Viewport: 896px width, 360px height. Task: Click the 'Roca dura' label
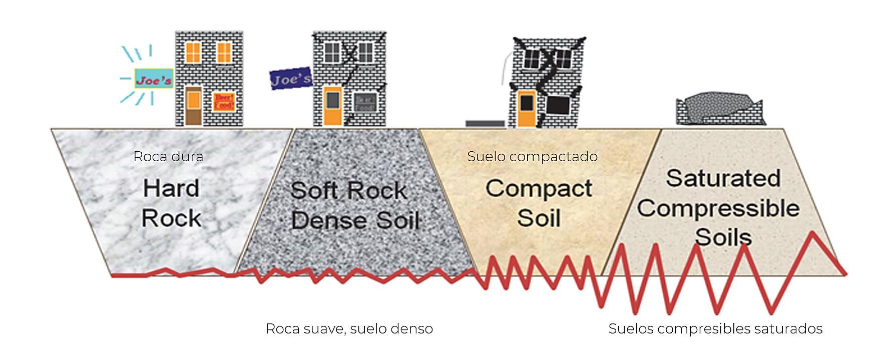coord(168,157)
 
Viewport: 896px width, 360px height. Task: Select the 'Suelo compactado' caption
coord(532,156)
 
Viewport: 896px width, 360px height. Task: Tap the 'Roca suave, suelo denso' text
coord(349,328)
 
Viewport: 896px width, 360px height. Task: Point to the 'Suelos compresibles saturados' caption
coord(715,328)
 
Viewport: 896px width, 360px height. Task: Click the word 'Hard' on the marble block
coord(171,189)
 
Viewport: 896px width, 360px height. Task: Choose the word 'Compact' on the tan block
coord(539,189)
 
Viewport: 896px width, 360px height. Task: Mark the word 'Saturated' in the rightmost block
coord(723,178)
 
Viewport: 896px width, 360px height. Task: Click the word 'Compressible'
coord(718,208)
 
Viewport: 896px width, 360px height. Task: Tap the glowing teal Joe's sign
coord(154,79)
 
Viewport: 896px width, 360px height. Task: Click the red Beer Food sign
coord(224,102)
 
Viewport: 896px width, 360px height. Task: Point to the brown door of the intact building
coord(193,106)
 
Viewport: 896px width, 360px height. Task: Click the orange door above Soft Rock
coord(332,105)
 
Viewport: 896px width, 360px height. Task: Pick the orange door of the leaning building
coord(526,108)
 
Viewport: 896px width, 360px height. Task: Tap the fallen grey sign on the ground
coord(485,123)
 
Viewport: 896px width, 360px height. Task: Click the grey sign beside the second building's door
coord(364,103)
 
